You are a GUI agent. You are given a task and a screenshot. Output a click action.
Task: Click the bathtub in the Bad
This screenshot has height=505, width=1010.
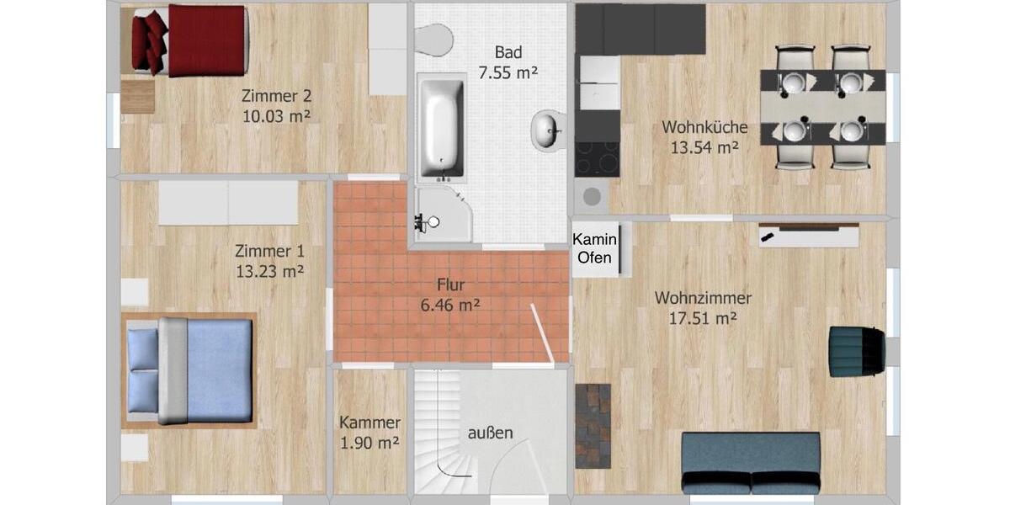point(441,127)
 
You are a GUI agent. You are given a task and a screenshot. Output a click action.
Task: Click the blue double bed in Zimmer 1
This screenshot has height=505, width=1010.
point(189,370)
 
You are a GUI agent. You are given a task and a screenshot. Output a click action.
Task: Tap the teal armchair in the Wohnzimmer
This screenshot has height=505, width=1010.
point(855,351)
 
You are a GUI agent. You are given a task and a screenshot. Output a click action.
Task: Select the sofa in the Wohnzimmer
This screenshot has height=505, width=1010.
point(751,463)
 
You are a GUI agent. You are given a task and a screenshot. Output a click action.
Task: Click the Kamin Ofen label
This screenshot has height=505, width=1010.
point(594,248)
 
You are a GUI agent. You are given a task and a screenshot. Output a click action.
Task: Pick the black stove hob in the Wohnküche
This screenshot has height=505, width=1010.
point(597,157)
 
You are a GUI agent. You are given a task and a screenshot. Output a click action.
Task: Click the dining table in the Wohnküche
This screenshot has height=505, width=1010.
point(822,106)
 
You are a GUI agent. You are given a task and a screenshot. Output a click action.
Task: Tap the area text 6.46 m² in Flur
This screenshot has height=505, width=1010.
point(450,305)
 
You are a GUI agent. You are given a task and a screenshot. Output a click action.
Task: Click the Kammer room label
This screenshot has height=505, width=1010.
point(369,423)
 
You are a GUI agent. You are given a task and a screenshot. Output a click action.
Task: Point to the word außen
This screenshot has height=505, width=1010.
point(490,433)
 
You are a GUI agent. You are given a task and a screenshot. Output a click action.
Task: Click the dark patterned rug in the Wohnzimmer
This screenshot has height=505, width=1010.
point(593,425)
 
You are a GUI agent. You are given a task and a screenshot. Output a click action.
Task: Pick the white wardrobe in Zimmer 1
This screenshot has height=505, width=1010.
point(227,203)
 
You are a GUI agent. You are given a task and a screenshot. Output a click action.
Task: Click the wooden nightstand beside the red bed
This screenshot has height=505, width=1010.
point(137,96)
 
